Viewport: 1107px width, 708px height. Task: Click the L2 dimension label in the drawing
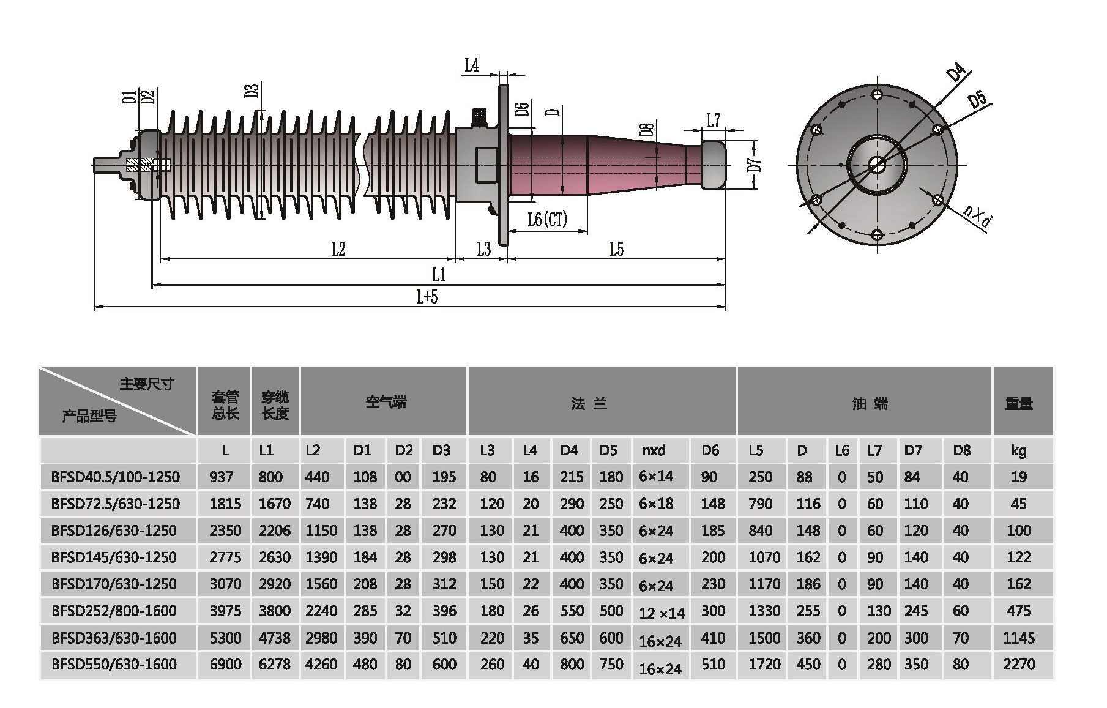[338, 249]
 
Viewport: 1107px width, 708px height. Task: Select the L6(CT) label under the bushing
[547, 219]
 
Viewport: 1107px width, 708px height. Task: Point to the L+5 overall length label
[427, 297]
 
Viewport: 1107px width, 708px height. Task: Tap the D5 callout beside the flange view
[978, 100]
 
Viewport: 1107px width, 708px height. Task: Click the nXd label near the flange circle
[977, 215]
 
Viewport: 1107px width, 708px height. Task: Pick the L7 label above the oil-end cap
[714, 121]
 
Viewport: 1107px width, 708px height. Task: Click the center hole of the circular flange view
[877, 165]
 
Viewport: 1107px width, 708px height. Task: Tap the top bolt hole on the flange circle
[877, 95]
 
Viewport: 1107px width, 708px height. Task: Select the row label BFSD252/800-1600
[114, 611]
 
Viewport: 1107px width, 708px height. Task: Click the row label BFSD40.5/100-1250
[116, 477]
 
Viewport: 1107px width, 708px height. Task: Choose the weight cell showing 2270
[1019, 664]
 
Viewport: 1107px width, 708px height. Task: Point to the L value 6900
[225, 664]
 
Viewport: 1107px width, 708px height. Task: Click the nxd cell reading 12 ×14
[661, 613]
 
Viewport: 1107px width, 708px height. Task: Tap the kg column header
[1019, 451]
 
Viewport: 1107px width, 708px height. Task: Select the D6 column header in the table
[710, 451]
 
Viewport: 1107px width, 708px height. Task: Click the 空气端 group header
[386, 402]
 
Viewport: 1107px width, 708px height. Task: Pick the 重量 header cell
[1019, 403]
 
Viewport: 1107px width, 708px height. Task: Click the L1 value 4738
[274, 638]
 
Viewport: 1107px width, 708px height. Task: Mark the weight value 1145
[1019, 638]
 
